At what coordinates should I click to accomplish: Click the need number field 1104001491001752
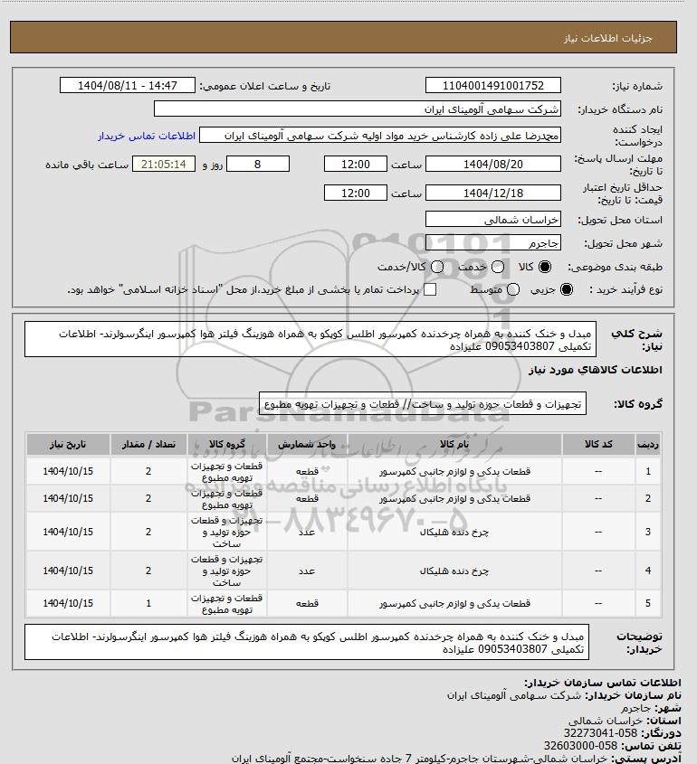[492, 86]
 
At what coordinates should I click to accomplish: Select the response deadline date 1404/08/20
[492, 165]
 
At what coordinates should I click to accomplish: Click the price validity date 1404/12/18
[492, 193]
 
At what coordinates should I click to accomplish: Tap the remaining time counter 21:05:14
[164, 165]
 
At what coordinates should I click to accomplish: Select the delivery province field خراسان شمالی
[492, 220]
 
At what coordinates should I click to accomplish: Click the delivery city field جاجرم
[492, 244]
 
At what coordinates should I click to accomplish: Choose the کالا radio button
[545, 268]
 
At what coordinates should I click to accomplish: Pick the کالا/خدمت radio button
[438, 268]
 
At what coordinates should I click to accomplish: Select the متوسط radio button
[513, 289]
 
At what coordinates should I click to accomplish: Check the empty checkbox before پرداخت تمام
[430, 289]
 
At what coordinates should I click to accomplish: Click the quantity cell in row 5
[148, 603]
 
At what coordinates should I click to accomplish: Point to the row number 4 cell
[647, 571]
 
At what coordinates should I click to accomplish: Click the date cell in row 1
[68, 472]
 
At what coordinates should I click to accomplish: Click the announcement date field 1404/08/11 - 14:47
[128, 86]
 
